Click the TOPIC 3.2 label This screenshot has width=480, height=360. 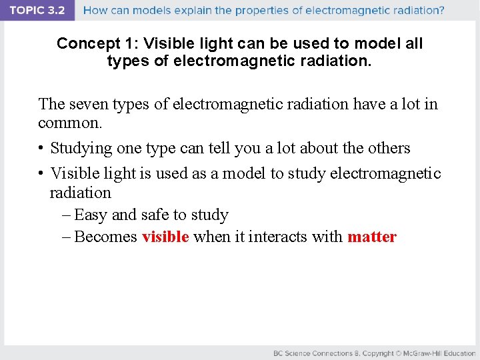click(x=37, y=10)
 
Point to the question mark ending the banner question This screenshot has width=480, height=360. click(x=441, y=11)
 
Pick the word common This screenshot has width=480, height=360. click(x=70, y=123)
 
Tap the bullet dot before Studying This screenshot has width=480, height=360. click(x=41, y=148)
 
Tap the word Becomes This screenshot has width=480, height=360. click(x=106, y=237)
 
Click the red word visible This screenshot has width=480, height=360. click(x=165, y=237)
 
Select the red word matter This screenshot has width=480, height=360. click(x=371, y=237)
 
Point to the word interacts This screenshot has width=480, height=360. click(x=276, y=237)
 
